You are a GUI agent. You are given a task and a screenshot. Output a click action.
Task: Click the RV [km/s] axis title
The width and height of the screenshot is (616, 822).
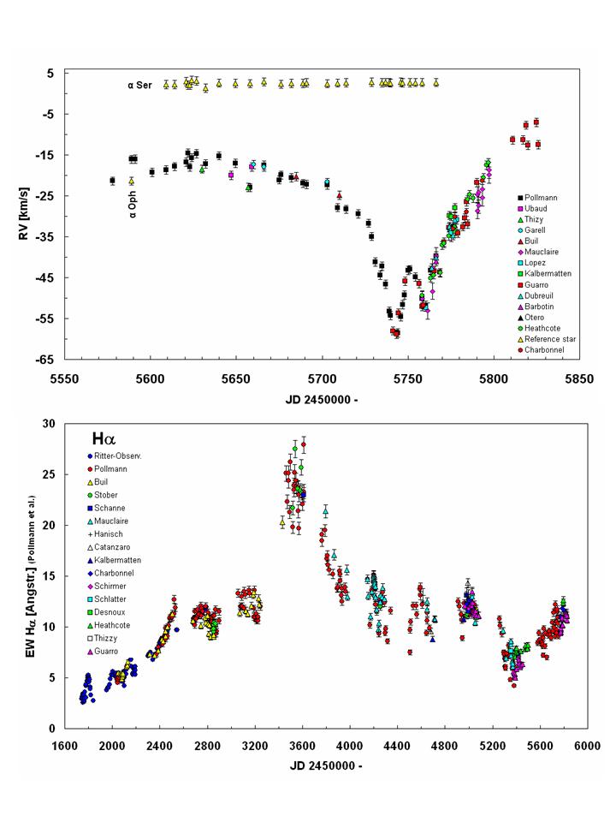(x=27, y=214)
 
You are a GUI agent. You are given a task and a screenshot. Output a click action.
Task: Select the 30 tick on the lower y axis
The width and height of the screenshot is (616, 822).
(x=49, y=423)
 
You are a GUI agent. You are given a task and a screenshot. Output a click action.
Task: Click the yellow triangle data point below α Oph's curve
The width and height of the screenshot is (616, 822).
(x=132, y=181)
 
